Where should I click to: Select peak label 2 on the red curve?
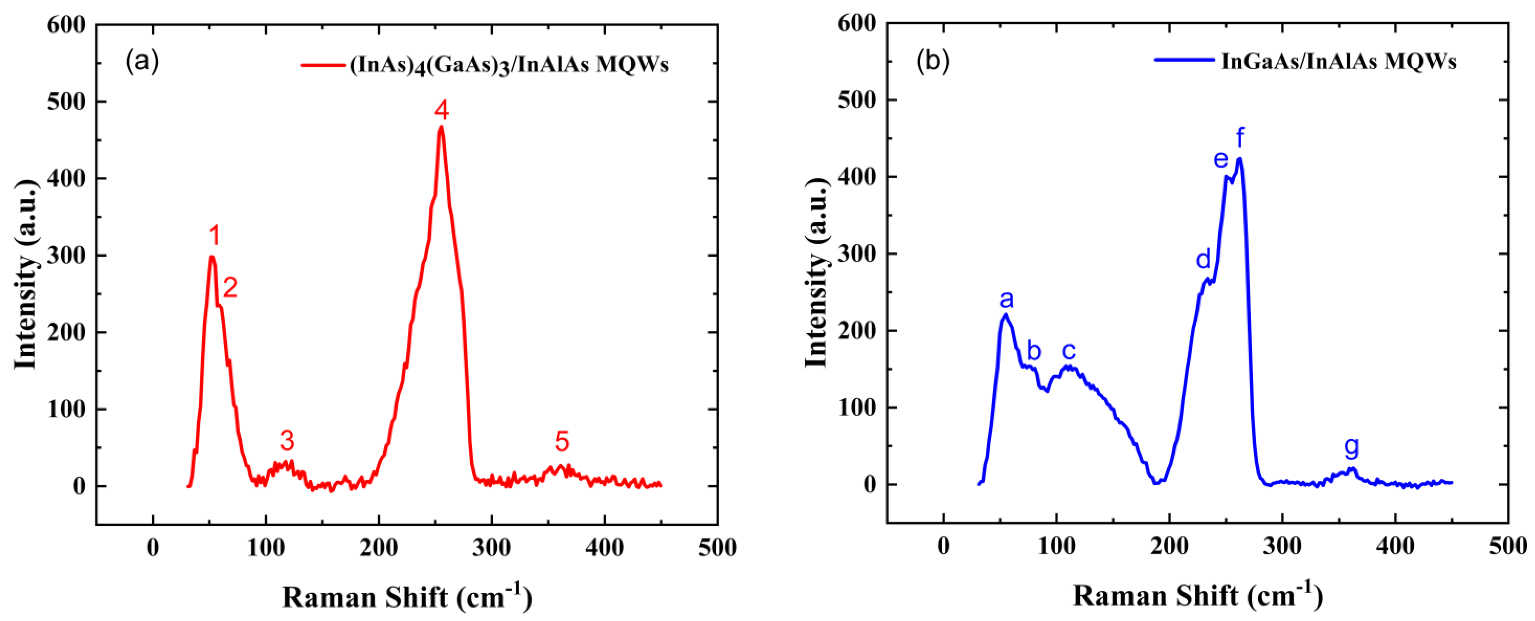(230, 288)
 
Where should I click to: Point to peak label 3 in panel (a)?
(287, 441)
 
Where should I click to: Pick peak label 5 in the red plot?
(562, 442)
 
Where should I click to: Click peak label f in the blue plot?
(1240, 138)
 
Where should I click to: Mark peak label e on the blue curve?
(1221, 160)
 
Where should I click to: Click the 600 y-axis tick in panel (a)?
(66, 25)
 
